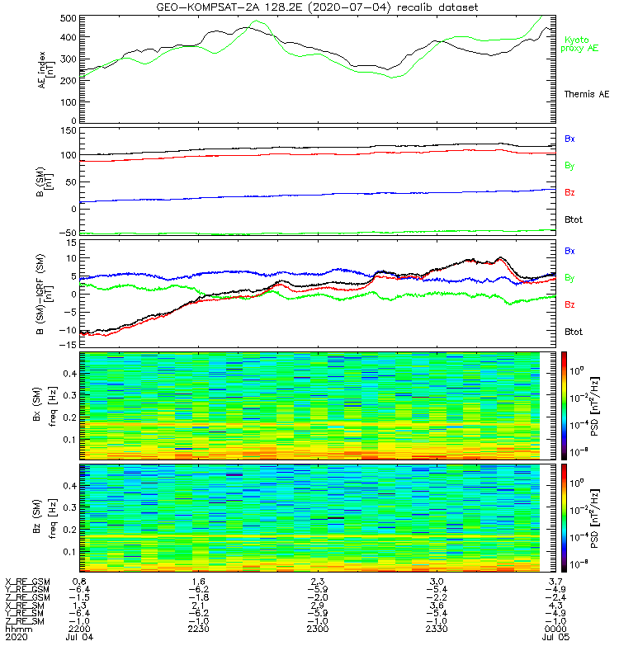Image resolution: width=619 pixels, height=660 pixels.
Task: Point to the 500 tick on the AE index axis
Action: tap(67, 17)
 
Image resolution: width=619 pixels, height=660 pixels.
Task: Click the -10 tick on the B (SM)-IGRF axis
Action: tap(65, 331)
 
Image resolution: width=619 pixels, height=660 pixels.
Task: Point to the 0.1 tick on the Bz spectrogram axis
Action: tap(69, 551)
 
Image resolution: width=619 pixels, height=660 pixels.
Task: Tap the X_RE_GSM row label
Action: tap(28, 582)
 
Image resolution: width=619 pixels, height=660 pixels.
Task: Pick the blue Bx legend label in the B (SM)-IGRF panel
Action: tap(569, 250)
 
